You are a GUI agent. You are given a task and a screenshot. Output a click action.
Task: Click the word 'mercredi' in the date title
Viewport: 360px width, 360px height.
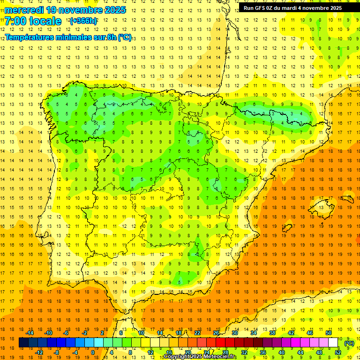point(24,9)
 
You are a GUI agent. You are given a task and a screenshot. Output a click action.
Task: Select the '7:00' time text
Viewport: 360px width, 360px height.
point(17,21)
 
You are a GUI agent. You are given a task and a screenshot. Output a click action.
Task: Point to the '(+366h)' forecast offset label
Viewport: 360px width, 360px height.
point(83,21)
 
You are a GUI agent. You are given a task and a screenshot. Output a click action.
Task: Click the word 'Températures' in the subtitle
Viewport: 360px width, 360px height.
point(29,37)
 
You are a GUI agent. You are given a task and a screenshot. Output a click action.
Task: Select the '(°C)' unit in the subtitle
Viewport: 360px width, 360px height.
point(125,37)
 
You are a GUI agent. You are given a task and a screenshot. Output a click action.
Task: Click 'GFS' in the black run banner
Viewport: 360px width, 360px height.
point(264,8)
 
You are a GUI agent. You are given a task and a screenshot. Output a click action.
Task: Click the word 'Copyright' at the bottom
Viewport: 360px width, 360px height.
point(177,357)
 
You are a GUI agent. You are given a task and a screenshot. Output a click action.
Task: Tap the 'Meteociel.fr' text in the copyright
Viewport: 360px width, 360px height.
point(220,357)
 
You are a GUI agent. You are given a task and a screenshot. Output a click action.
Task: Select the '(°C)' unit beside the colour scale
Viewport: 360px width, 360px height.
point(349,343)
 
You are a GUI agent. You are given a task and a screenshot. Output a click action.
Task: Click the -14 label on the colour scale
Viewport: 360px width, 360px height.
point(30,333)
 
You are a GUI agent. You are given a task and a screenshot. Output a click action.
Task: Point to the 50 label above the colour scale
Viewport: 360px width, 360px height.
point(329,333)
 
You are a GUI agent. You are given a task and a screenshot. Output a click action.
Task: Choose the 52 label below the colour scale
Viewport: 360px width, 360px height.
point(338,352)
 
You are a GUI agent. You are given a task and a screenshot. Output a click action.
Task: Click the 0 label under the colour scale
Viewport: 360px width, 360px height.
point(93,352)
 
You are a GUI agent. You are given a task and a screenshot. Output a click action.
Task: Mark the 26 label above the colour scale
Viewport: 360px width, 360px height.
point(216,333)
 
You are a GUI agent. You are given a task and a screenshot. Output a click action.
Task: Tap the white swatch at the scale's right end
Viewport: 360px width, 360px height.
point(333,343)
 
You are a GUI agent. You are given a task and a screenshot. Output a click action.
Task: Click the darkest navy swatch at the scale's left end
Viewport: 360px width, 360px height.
point(24,343)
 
